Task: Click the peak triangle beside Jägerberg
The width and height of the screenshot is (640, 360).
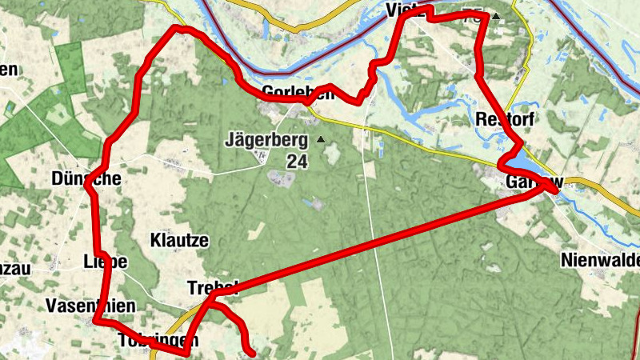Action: [322, 140]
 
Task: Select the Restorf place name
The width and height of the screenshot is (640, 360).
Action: [503, 120]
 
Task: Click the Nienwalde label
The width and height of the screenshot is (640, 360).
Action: [601, 260]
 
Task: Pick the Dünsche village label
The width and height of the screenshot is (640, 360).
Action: [85, 179]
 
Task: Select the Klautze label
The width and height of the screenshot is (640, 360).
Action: [179, 240]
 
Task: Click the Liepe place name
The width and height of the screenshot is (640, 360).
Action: [105, 261]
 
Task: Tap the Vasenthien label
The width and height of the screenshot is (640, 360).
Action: [90, 306]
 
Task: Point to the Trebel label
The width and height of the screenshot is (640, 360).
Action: [211, 286]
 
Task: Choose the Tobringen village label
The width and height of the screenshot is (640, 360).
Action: [157, 340]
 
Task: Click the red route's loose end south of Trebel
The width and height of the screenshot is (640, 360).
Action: [252, 351]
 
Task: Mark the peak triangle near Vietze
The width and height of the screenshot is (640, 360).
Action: [496, 16]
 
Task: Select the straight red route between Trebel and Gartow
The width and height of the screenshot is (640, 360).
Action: [376, 237]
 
